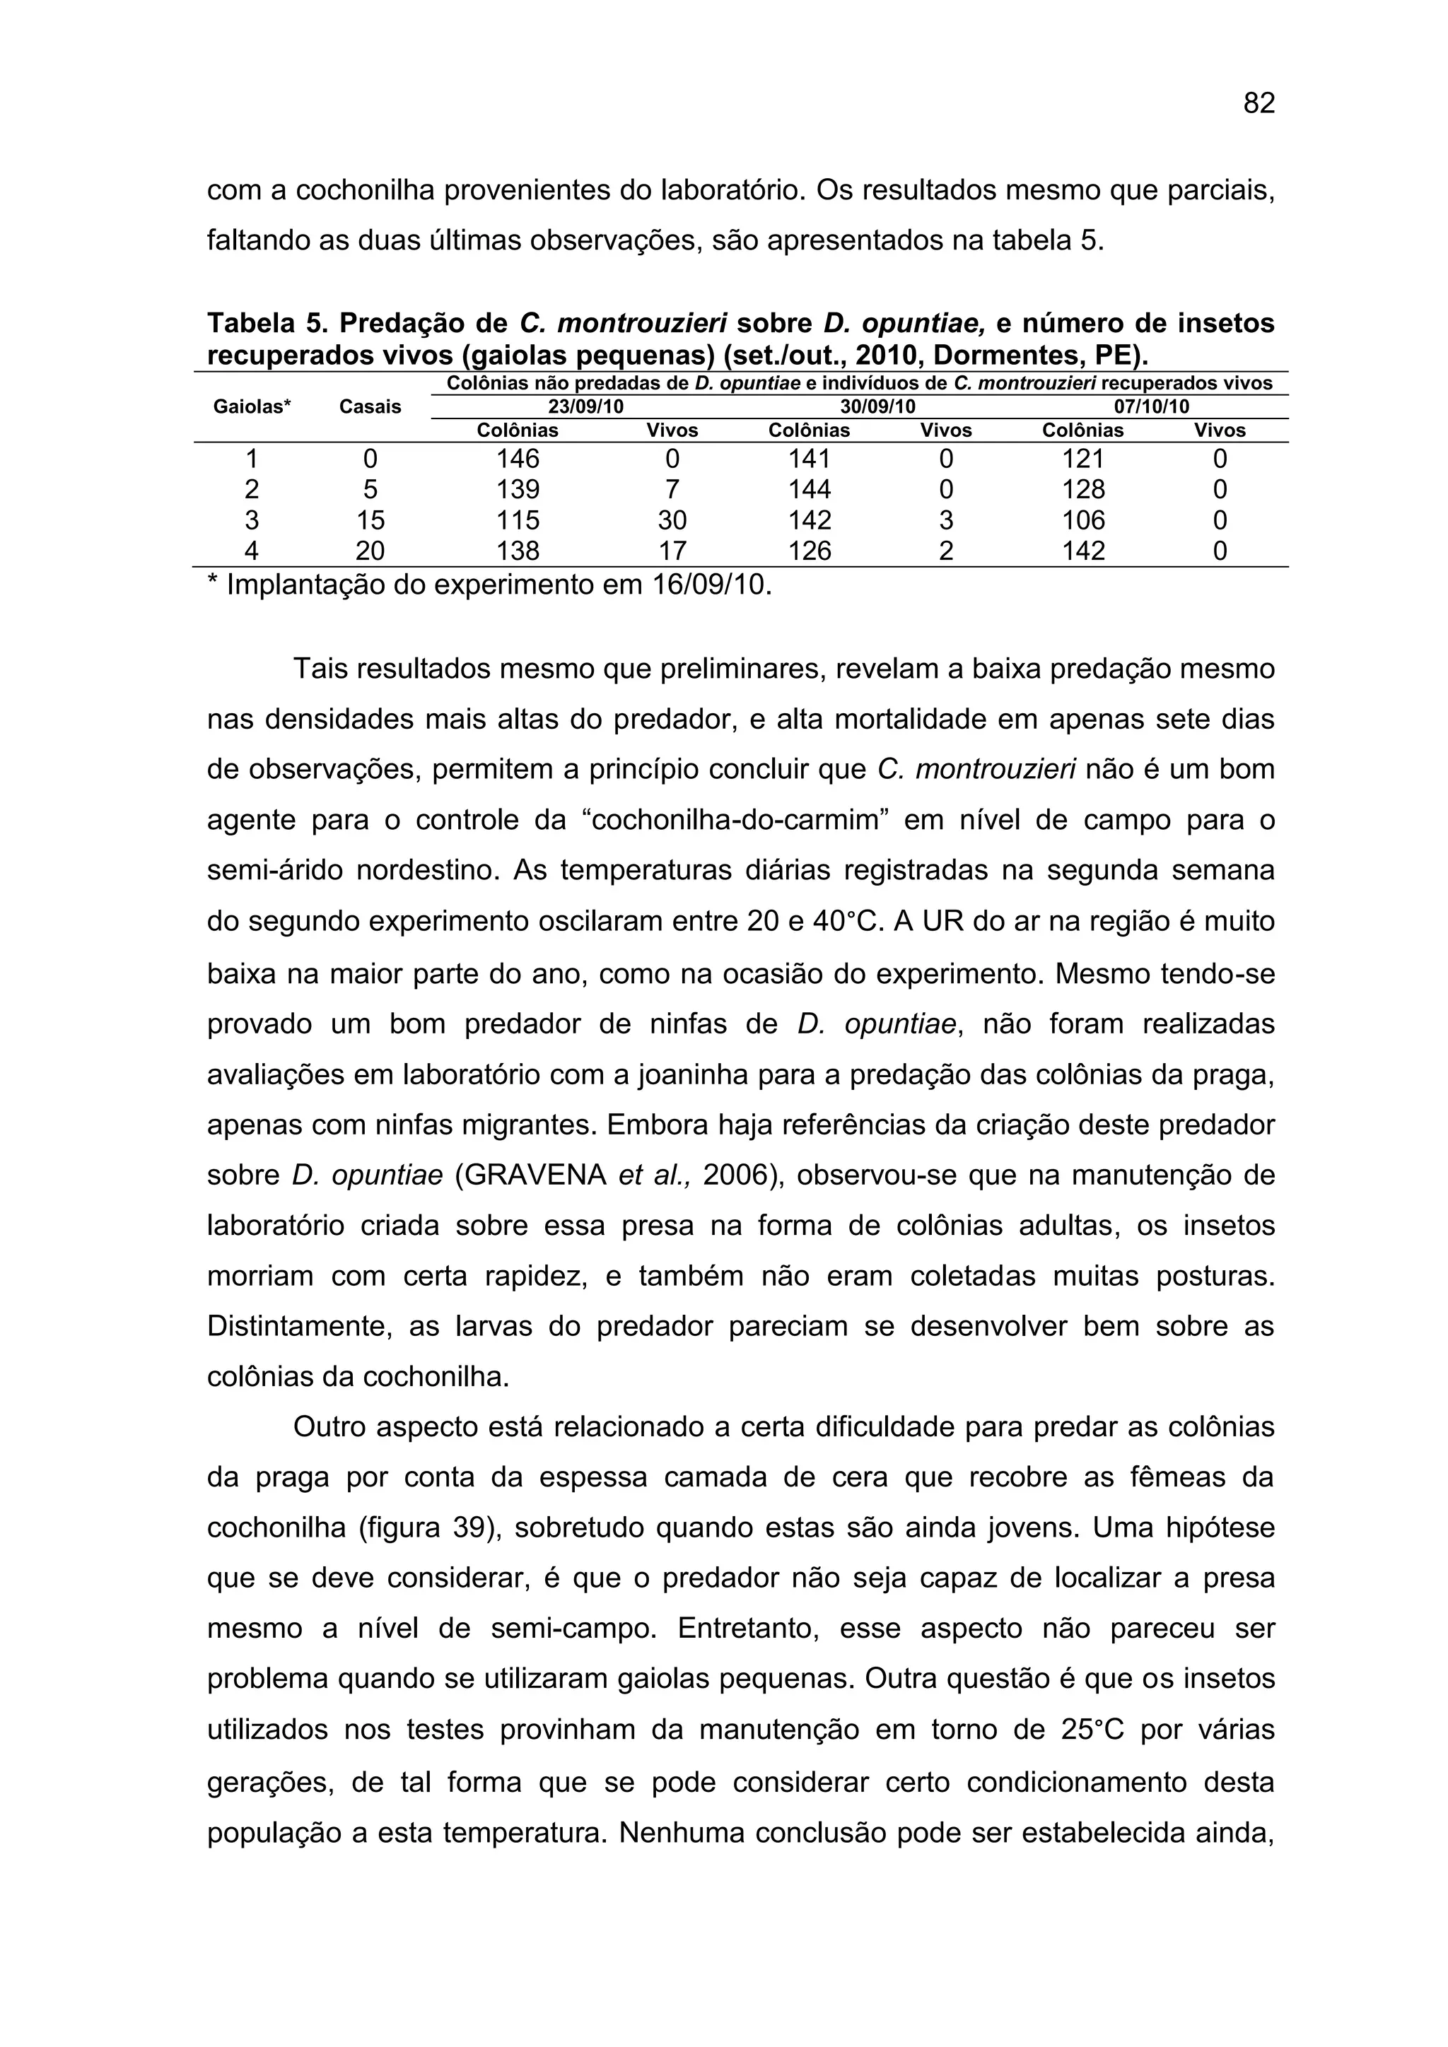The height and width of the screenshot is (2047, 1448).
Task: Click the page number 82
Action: pos(1259,103)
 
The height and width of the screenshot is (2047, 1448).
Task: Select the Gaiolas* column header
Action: pos(252,407)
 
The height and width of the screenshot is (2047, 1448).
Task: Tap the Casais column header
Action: pos(370,407)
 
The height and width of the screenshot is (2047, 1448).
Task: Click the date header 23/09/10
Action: pos(586,407)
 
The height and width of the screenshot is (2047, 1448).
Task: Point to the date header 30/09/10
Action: pos(877,407)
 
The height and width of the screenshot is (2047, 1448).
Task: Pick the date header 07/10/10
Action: pos(1152,407)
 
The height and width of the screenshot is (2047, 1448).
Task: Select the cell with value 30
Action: pos(672,520)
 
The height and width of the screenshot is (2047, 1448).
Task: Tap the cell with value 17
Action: pos(672,551)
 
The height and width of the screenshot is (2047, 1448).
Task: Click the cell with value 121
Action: pos(1083,459)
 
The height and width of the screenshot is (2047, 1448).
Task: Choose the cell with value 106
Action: pos(1083,520)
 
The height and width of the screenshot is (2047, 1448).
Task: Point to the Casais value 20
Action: pos(370,551)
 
